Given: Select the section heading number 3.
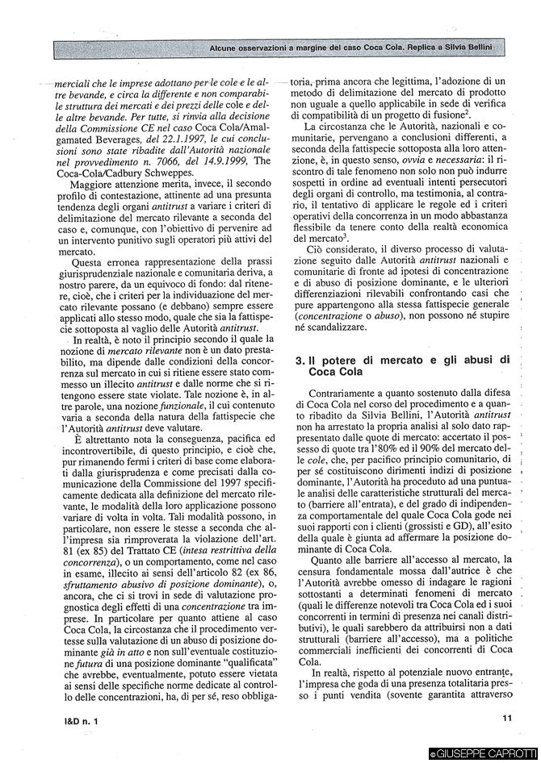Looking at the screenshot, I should click(300, 359).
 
